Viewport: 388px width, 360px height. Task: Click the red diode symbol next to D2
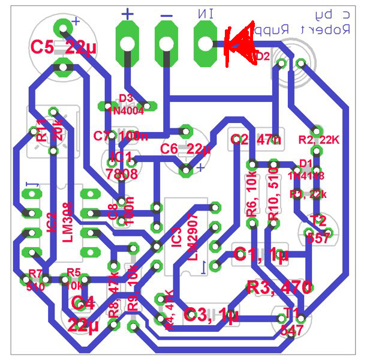[x=239, y=46]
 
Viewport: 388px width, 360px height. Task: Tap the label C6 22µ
[x=185, y=149]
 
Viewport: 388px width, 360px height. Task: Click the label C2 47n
[x=255, y=140]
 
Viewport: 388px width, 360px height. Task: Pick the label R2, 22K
[x=319, y=140]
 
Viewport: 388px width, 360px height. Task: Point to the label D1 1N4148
[x=306, y=170]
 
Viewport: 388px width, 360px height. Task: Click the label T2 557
[x=318, y=229]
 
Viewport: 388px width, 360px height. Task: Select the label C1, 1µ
[x=261, y=255]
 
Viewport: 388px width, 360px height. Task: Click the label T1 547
[x=292, y=321]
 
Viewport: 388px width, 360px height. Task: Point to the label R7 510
[x=35, y=280]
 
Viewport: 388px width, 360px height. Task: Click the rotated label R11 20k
[x=49, y=129]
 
